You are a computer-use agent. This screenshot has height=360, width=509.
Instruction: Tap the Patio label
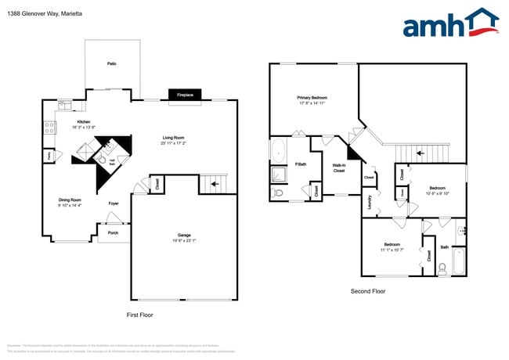pos(112,63)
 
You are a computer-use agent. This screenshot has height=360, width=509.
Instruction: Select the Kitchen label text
pos(83,122)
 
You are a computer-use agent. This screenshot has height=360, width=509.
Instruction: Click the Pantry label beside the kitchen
pos(49,156)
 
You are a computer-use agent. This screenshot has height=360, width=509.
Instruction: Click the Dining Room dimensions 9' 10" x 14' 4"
pos(70,206)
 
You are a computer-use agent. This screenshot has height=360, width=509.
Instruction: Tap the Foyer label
pos(114,203)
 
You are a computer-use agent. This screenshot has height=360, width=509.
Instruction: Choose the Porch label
pos(114,232)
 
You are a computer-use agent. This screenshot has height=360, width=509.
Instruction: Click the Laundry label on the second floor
pos(370,202)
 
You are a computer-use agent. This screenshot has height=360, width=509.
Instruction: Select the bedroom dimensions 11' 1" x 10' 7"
pos(392,250)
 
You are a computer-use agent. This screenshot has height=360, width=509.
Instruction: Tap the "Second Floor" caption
pos(367,291)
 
